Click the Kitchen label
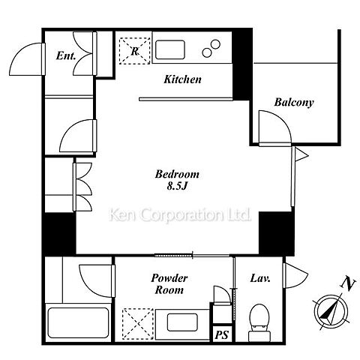(x=182, y=79)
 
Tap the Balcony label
(x=294, y=102)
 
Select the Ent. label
(x=66, y=55)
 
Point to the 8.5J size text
(x=177, y=186)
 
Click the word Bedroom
(x=177, y=174)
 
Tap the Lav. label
(x=260, y=278)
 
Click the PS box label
(x=222, y=334)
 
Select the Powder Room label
(x=169, y=284)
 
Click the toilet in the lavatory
(x=259, y=322)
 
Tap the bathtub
(x=78, y=322)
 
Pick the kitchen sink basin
(x=170, y=49)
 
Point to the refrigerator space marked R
(x=135, y=51)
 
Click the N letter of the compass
(x=348, y=284)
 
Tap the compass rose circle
(x=331, y=311)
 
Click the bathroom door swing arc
(x=88, y=287)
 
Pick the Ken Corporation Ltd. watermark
(x=180, y=215)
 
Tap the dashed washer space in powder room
(x=138, y=324)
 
